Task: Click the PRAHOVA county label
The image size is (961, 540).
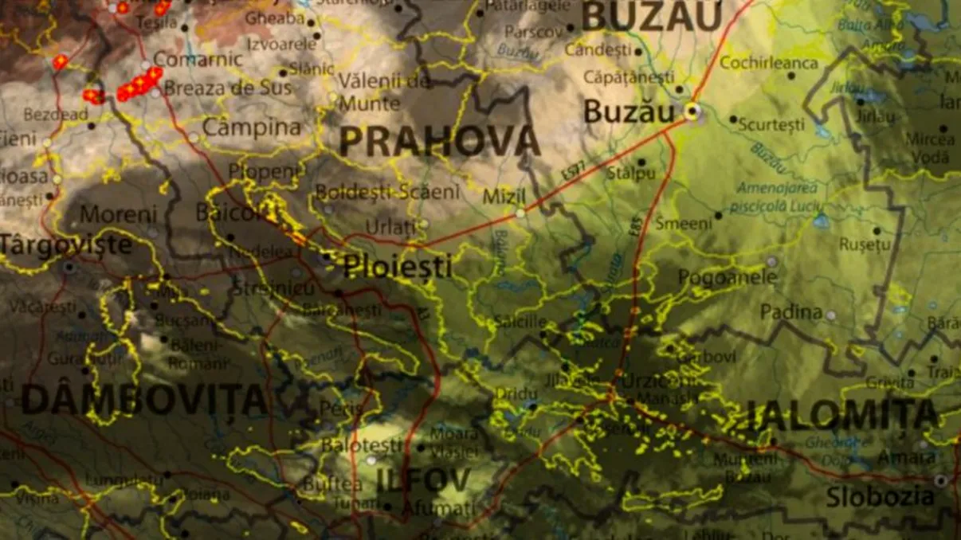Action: pos(440,142)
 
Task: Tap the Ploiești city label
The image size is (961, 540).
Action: pos(397,267)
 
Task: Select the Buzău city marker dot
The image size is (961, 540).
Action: pos(693,112)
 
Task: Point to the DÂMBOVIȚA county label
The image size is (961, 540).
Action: pos(143,399)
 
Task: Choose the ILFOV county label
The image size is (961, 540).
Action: pos(423,479)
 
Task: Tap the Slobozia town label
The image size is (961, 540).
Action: pos(880,497)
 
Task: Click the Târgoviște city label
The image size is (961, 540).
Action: pos(65,245)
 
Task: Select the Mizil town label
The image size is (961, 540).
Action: pos(504,196)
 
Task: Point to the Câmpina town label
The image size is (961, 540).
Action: pos(252,127)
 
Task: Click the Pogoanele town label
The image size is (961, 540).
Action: pos(727,277)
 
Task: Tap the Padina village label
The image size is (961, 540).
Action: pos(790,311)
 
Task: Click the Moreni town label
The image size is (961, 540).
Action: pos(119,214)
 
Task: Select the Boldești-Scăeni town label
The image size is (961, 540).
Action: pos(387,192)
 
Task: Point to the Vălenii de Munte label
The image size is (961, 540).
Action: pos(375,92)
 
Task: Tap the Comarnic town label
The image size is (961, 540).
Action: pos(198,59)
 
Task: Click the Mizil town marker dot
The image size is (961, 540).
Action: pos(520,213)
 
